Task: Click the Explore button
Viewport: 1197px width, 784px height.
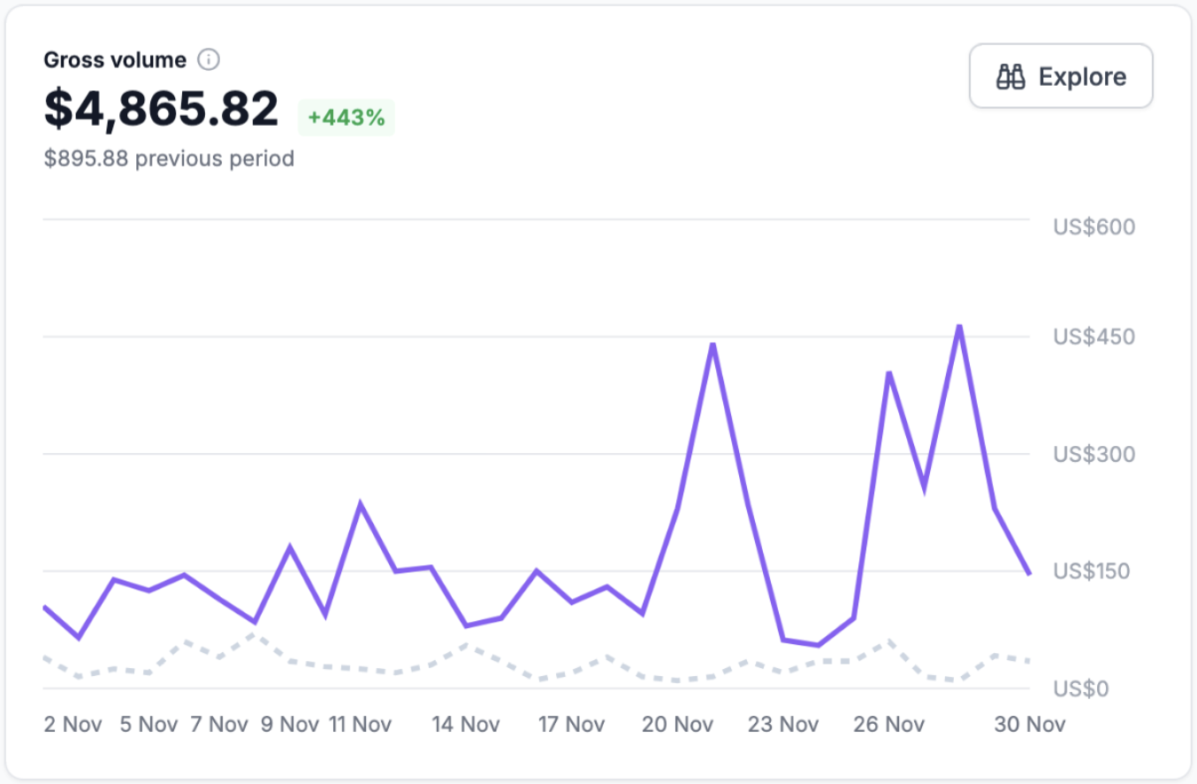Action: [1061, 77]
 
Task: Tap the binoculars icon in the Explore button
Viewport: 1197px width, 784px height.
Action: [1010, 77]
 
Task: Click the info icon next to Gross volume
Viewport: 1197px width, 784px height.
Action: [208, 60]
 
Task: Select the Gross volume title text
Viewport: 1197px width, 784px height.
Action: [115, 60]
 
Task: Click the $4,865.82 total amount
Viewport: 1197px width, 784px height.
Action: [162, 110]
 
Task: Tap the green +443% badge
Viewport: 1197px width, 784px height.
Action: [347, 118]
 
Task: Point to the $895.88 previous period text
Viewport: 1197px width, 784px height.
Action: [169, 159]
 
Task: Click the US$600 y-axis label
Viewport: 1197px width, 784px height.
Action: [1094, 227]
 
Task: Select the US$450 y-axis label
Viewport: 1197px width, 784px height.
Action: [1094, 337]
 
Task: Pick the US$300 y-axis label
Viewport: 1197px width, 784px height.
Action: [1094, 455]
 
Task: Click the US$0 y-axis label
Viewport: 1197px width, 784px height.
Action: [1080, 689]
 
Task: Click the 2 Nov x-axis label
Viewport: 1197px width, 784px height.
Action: [72, 725]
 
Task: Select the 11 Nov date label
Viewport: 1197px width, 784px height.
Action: [360, 725]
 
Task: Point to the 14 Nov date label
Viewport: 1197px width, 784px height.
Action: [465, 725]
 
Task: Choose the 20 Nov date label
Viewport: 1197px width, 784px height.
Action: [677, 725]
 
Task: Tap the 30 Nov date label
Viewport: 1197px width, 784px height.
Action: [1030, 725]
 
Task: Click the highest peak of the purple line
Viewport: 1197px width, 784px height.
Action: [959, 327]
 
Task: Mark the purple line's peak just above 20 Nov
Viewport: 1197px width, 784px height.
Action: [713, 344]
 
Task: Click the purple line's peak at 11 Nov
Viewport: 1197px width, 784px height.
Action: [360, 504]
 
